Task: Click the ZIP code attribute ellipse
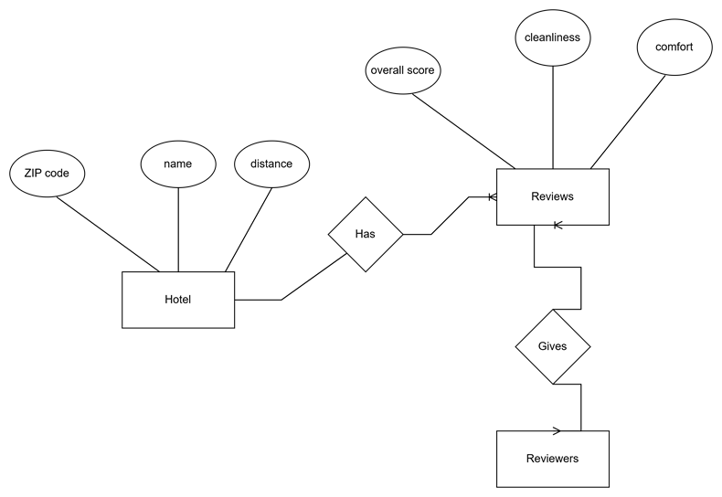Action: [x=47, y=174]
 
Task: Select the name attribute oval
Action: [x=178, y=164]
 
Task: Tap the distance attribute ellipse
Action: [x=271, y=164]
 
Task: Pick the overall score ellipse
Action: [x=403, y=70]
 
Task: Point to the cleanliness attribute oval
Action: [x=552, y=38]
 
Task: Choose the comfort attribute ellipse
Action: [x=674, y=48]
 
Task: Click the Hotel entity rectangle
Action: [x=178, y=300]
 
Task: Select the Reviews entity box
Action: [x=552, y=196]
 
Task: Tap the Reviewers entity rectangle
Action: [x=552, y=459]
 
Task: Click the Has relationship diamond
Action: [x=366, y=234]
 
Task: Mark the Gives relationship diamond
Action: [x=552, y=347]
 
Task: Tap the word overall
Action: [x=387, y=70]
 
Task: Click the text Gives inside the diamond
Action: [x=552, y=347]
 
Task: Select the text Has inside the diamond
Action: [x=366, y=234]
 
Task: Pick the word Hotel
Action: [x=178, y=300]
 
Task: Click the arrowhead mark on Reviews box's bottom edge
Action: [x=557, y=224]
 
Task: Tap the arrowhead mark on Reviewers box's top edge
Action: [x=556, y=431]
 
